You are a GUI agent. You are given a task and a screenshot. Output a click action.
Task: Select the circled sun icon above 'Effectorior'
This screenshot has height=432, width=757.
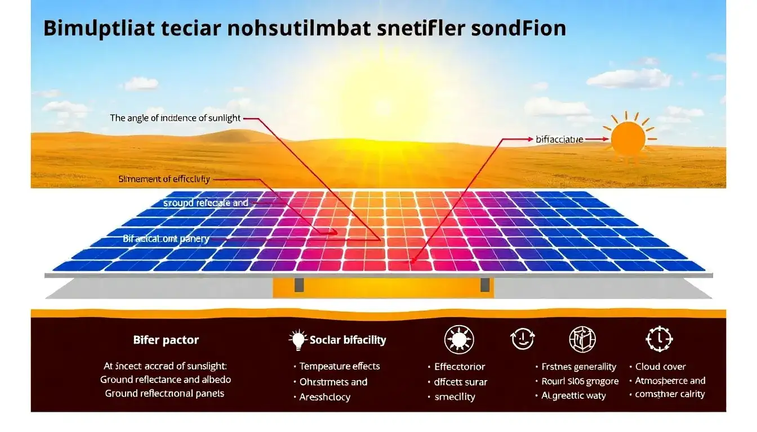pos(459,340)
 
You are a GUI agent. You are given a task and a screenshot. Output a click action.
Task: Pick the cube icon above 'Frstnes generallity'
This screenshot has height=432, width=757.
pos(582,339)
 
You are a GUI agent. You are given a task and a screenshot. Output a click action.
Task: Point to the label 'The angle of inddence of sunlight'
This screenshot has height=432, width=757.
pos(175,118)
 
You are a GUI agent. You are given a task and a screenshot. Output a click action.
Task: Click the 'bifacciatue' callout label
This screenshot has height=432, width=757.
pos(559,138)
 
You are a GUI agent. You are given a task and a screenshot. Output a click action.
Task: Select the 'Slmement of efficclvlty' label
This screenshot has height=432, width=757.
pos(164,179)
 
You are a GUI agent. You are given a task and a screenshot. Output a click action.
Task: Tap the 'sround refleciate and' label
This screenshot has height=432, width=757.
pos(206,202)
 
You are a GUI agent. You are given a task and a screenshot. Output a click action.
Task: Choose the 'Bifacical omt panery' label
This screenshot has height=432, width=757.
pos(166,238)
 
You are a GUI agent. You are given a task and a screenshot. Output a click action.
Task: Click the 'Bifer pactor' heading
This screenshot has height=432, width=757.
pos(166,340)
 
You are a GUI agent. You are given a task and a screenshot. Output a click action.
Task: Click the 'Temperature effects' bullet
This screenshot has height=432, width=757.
pos(340,366)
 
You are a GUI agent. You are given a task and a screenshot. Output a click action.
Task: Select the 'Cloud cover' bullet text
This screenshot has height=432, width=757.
pos(661,366)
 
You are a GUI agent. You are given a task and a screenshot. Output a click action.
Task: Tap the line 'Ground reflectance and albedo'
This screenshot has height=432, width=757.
pos(166,380)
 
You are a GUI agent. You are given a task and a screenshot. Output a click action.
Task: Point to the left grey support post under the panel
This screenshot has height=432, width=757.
pos(299,285)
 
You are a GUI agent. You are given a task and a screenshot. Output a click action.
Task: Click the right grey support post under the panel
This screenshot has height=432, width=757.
pos(484,285)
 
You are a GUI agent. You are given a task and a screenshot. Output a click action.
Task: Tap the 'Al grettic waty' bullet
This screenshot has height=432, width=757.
pos(573,395)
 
